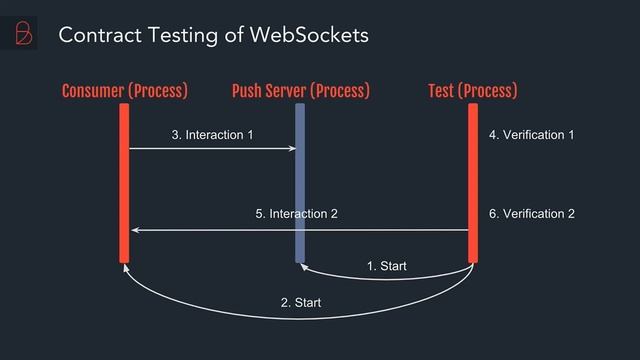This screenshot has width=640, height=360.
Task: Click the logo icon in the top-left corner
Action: (x=19, y=34)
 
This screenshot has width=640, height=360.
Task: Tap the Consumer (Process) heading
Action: (x=124, y=92)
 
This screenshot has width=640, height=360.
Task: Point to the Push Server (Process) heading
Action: (x=300, y=92)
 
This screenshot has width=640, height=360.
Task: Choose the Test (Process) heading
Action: (x=472, y=92)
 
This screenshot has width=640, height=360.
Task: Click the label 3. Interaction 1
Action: (x=212, y=134)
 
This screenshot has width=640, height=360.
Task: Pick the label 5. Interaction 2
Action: (x=296, y=214)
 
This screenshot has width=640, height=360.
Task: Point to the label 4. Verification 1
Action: (x=531, y=134)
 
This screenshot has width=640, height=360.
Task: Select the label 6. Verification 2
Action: (x=531, y=214)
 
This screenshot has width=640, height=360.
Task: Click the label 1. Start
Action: (x=386, y=266)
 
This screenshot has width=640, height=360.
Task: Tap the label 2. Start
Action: (x=300, y=302)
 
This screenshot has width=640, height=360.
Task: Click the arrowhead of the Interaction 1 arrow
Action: (x=292, y=149)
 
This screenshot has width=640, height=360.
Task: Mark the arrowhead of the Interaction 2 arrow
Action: (x=135, y=230)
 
